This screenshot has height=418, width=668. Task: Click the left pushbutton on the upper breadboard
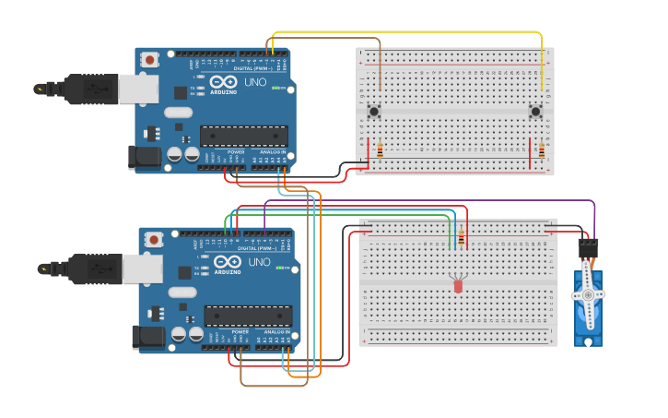[375, 112]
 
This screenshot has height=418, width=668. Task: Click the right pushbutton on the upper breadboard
[535, 112]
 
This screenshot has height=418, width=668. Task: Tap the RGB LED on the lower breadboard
[458, 285]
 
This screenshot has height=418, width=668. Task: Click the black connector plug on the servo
[587, 247]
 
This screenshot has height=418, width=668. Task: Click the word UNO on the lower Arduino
[260, 262]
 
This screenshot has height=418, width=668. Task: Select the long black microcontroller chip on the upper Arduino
[244, 136]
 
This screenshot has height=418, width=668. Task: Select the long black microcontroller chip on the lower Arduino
[248, 316]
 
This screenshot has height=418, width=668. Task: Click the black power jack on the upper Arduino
[146, 157]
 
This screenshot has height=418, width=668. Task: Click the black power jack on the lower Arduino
[148, 337]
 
